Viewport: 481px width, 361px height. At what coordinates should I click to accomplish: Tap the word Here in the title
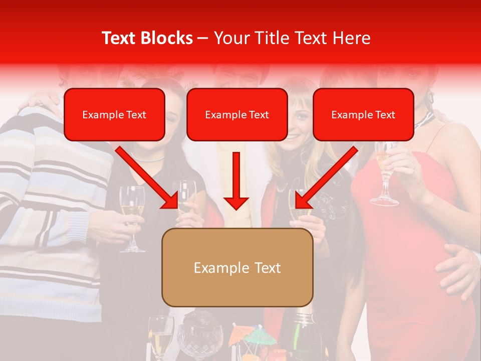[351, 38]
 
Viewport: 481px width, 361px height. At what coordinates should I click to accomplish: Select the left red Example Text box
[114, 114]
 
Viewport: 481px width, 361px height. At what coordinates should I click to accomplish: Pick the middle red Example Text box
[237, 114]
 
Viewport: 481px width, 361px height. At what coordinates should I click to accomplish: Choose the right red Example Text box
[363, 114]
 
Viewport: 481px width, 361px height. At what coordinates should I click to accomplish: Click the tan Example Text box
[237, 267]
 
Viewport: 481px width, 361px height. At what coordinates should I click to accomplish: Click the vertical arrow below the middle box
[236, 180]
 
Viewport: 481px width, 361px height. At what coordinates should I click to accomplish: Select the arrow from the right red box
[326, 177]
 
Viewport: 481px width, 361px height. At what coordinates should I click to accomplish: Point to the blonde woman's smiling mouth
[294, 136]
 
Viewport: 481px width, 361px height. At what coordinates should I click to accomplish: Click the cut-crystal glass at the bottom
[199, 341]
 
